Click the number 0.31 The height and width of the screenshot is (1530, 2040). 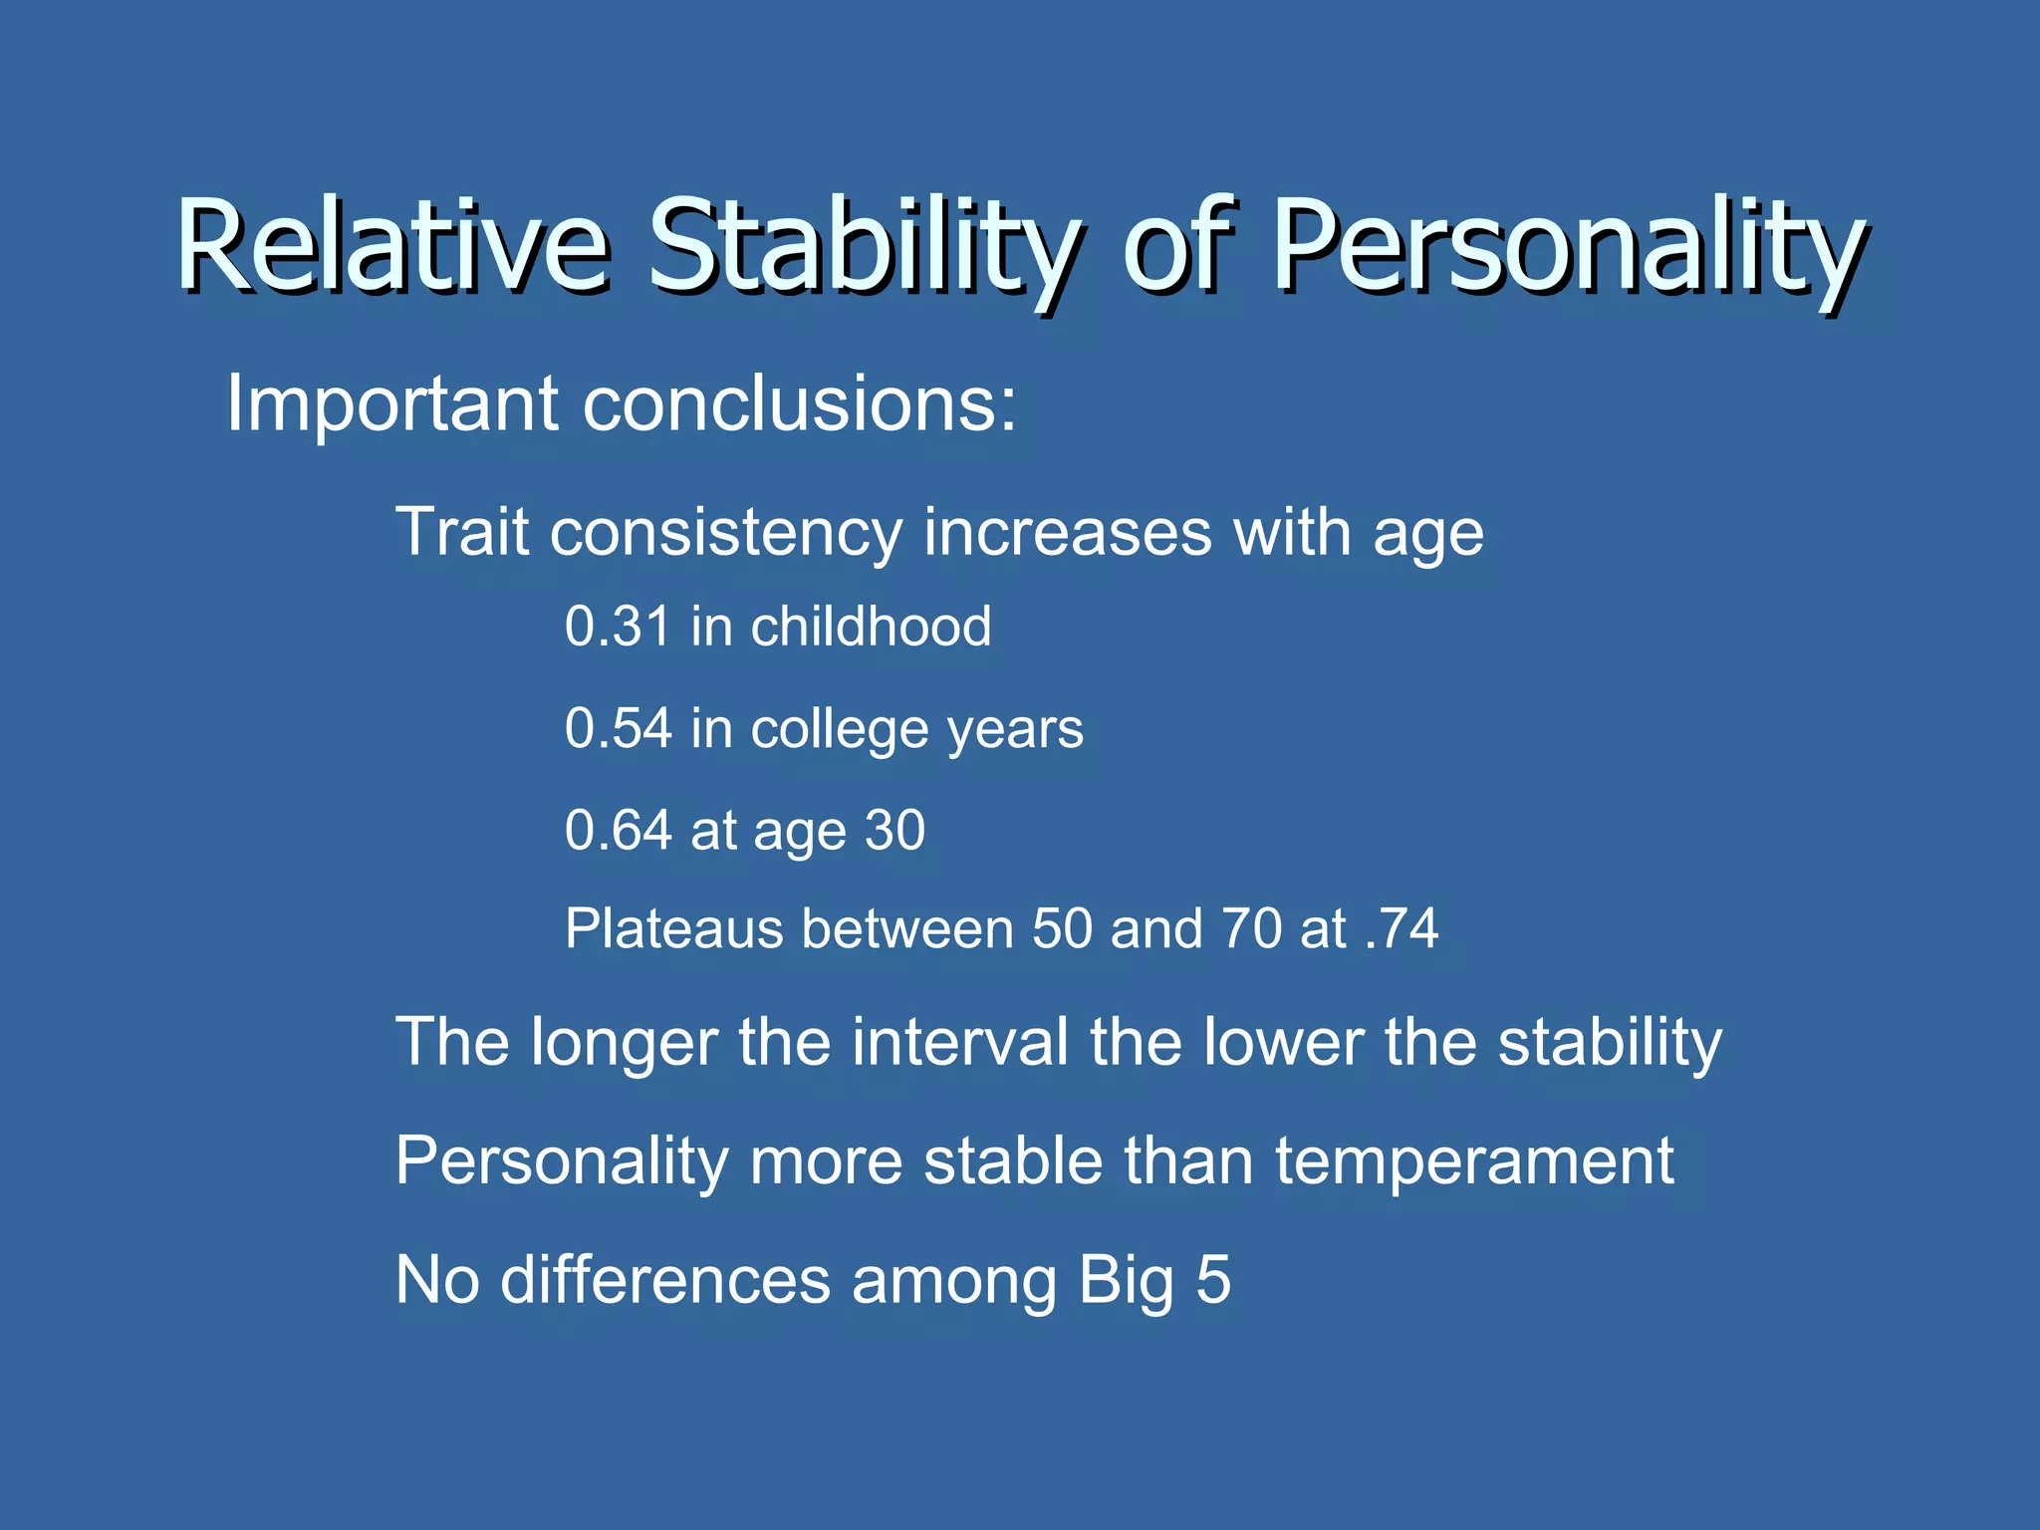tap(618, 627)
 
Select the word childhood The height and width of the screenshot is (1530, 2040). tap(871, 627)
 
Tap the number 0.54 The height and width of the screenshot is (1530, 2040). tap(618, 728)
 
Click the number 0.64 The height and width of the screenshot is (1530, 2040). tap(618, 830)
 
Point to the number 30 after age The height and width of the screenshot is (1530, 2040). tap(894, 830)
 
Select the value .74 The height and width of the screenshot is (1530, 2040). tap(1402, 928)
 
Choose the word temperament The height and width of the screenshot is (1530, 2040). tap(1473, 1161)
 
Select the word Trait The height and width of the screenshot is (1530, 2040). tap(461, 532)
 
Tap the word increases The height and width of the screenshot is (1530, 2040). tap(1067, 532)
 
